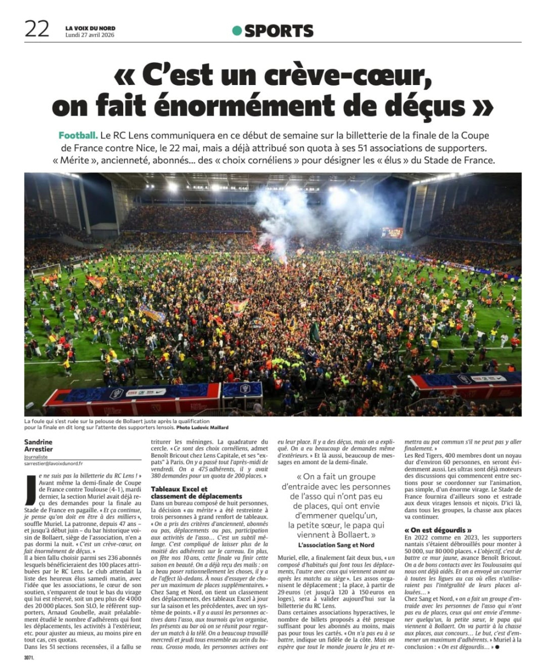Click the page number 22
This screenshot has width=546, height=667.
click(37, 28)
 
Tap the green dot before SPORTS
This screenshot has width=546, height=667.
click(237, 31)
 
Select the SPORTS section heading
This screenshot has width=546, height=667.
click(279, 31)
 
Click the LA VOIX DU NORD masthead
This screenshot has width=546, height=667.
click(90, 28)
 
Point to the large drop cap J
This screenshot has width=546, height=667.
click(31, 485)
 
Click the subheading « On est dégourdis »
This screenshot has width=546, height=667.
click(438, 530)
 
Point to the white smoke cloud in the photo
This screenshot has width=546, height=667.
click(289, 211)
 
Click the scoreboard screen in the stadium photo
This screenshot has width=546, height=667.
click(392, 233)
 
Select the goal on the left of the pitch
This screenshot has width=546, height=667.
click(46, 271)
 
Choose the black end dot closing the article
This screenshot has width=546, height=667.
click(497, 647)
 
